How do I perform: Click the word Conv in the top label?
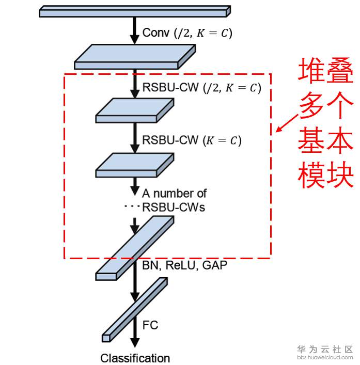click(x=156, y=33)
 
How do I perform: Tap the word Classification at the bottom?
click(x=135, y=358)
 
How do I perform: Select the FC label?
click(x=150, y=325)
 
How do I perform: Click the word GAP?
click(x=215, y=265)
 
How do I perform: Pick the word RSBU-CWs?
click(x=174, y=207)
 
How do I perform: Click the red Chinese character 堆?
click(x=311, y=70)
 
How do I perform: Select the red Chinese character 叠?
click(x=340, y=70)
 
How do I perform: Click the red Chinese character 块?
click(x=340, y=174)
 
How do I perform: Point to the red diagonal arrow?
click(x=287, y=123)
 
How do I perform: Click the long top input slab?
click(x=135, y=11)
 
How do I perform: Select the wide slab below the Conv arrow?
click(x=135, y=57)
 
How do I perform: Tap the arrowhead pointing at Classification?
click(x=135, y=342)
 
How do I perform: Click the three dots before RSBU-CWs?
click(x=132, y=206)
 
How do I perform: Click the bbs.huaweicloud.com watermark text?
click(x=325, y=357)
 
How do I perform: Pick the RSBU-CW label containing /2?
click(x=201, y=88)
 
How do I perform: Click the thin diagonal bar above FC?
click(x=135, y=310)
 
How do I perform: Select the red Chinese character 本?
click(x=340, y=140)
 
